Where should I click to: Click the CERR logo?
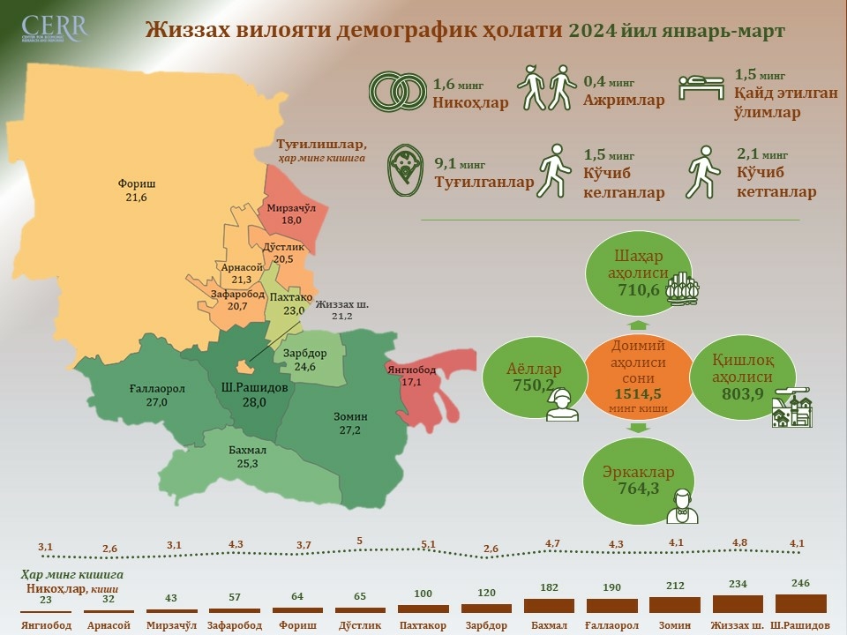click(55, 29)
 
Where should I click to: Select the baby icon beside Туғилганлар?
click(406, 169)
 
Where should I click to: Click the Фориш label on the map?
click(137, 184)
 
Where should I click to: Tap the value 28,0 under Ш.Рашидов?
click(253, 402)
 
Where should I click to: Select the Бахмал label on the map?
click(241, 451)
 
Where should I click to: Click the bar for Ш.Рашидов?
click(800, 603)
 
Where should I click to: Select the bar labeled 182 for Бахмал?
click(549, 605)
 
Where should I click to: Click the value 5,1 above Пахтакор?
click(428, 544)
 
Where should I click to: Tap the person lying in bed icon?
click(701, 89)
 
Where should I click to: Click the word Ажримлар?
click(624, 101)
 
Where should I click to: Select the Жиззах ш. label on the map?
click(342, 304)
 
